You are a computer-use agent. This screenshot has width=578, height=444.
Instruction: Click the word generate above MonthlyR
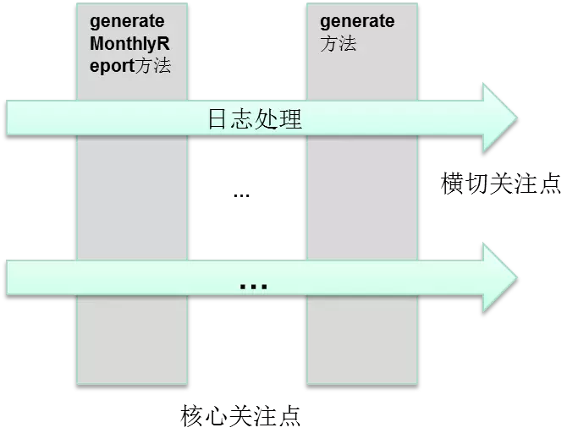point(127,21)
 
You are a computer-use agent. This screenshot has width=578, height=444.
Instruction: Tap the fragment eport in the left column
point(112,65)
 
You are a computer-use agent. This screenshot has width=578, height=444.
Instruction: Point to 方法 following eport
point(153,65)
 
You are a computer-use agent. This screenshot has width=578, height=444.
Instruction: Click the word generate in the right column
point(357,21)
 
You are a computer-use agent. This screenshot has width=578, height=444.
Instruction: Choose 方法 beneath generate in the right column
point(338,44)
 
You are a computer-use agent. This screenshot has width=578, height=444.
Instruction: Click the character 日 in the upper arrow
point(218,118)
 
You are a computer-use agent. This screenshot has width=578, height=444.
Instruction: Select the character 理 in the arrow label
point(290,118)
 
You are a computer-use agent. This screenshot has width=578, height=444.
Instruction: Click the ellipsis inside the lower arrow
point(253,286)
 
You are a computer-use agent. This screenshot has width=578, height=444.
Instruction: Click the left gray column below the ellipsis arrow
point(131,338)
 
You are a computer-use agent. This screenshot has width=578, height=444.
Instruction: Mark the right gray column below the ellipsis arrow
point(361,338)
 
